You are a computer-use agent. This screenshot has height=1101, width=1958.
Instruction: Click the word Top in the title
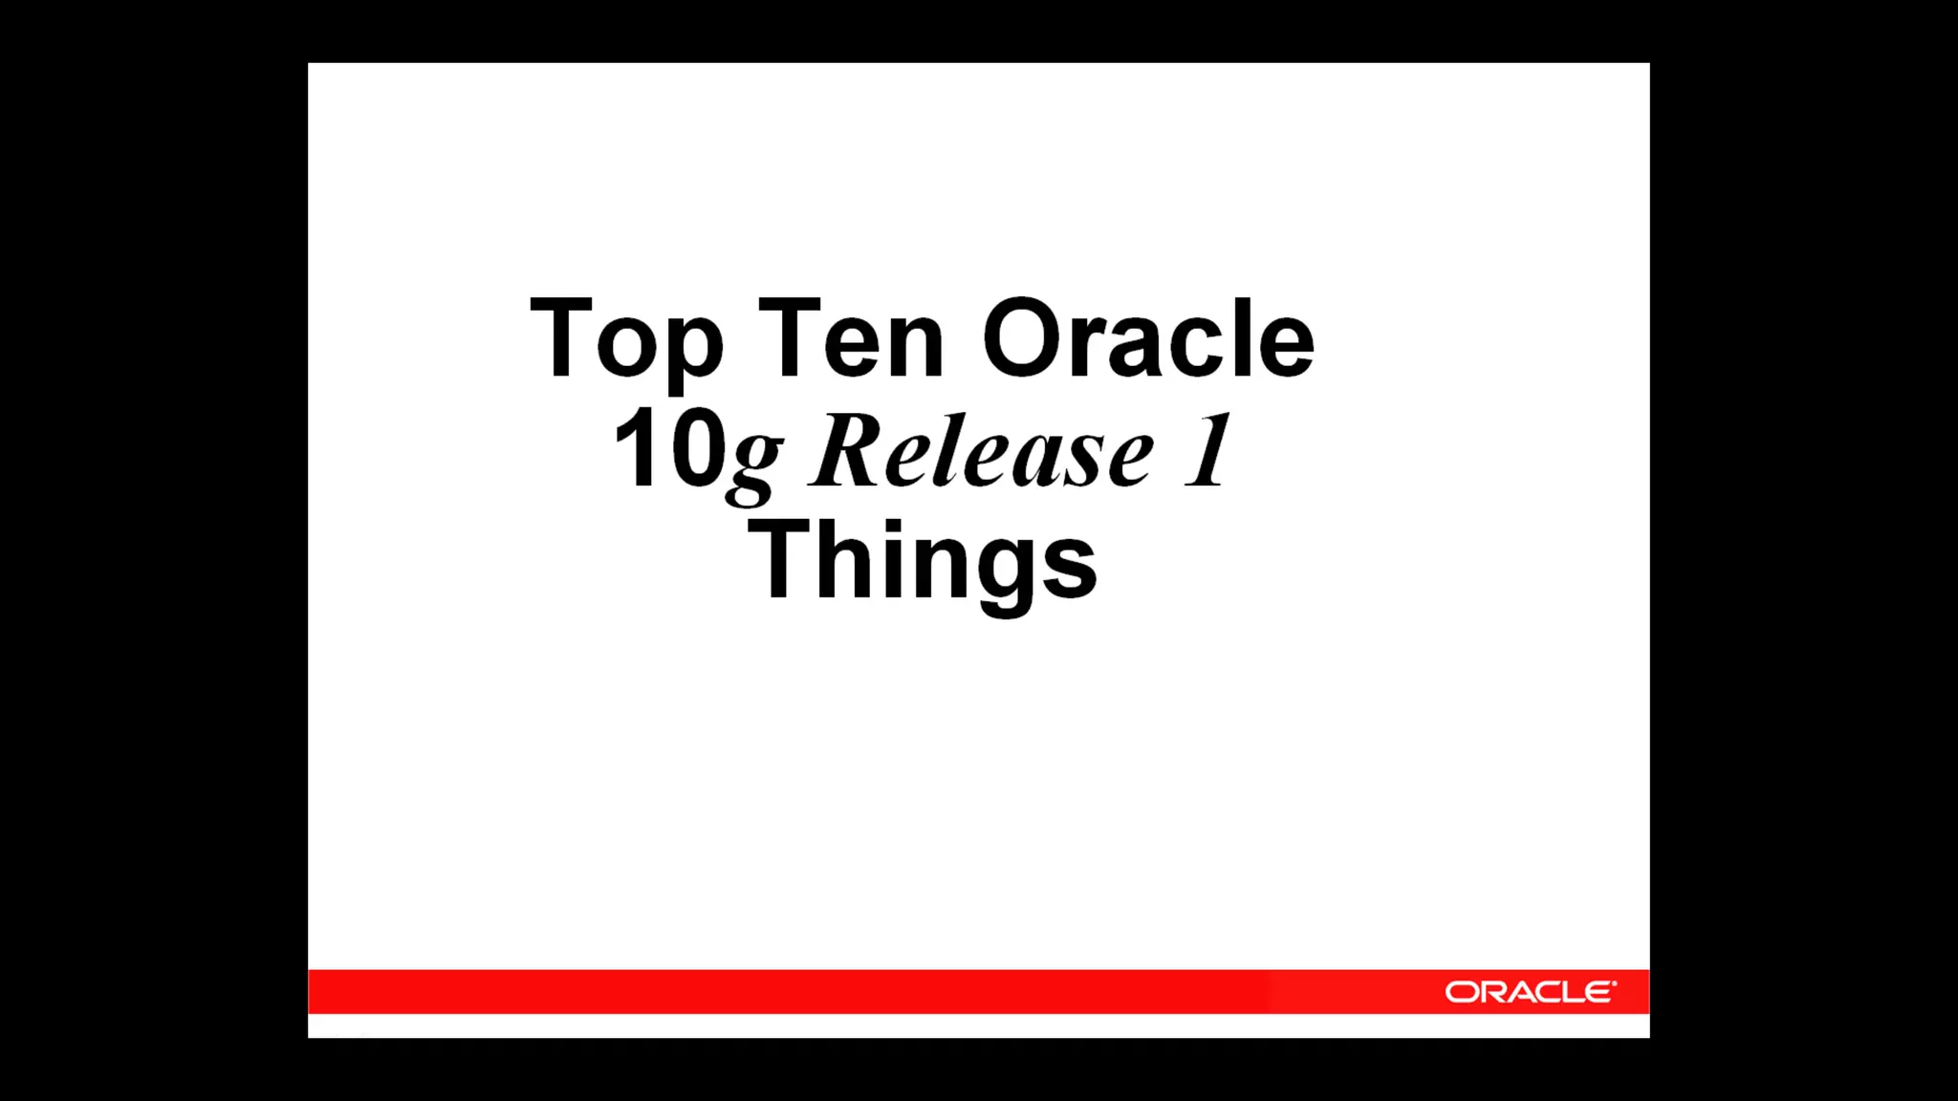coord(626,339)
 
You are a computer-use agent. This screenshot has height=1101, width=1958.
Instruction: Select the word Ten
coord(851,339)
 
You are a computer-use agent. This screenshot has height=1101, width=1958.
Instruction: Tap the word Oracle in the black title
coord(1148,339)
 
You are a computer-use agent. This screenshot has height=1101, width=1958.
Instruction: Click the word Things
coord(923,562)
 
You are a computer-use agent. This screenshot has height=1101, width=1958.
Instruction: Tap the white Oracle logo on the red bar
coord(1529,992)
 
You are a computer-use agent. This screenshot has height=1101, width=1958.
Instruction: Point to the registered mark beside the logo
coord(1614,983)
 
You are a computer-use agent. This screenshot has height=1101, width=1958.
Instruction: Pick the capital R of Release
coord(846,449)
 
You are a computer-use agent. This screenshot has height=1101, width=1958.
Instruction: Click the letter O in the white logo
coord(1462,993)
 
